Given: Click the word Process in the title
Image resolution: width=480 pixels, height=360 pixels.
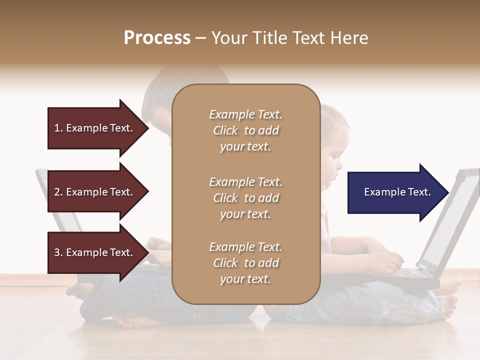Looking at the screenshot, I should (157, 38).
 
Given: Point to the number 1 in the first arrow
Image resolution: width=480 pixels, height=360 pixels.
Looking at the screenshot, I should (57, 128).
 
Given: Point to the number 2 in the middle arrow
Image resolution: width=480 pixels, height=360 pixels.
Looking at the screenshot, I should (57, 192).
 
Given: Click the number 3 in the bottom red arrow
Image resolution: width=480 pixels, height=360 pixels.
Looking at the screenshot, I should (57, 252).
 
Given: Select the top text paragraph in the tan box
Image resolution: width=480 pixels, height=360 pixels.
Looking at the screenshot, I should (245, 130).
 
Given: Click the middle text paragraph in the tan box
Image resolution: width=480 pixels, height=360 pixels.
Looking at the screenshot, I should (245, 198).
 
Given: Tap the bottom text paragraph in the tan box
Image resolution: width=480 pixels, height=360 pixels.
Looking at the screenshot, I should (245, 263).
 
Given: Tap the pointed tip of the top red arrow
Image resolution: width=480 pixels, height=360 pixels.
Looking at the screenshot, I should (148, 128).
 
